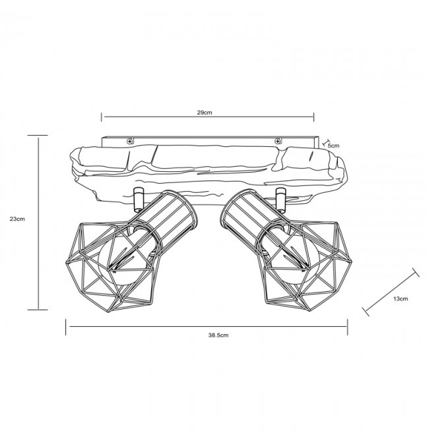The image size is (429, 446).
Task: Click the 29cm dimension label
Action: tap(205, 113)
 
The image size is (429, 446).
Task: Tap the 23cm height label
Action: tap(17, 219)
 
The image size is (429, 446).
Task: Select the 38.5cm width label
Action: tap(218, 335)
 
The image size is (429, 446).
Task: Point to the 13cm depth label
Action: tap(400, 298)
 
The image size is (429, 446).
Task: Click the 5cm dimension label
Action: tap(333, 146)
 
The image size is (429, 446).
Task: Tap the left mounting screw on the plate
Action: tap(130, 141)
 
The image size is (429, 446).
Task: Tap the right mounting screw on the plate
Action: tap(277, 141)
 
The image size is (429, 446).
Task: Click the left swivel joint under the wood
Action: tap(139, 200)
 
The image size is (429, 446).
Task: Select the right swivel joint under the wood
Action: tap(280, 200)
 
